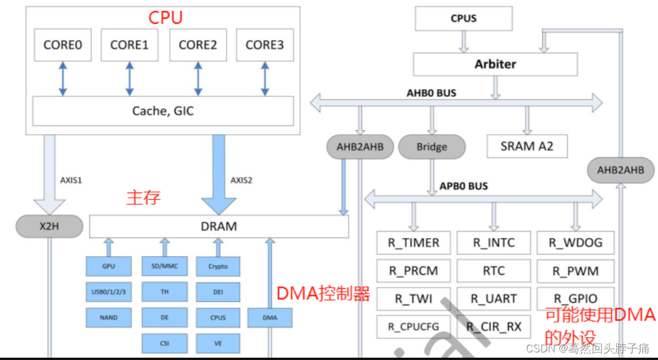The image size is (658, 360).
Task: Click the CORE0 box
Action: [x=62, y=45]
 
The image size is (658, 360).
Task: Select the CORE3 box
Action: [x=264, y=45]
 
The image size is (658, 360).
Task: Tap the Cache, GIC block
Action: [x=163, y=111]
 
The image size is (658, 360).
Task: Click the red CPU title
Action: [x=165, y=18]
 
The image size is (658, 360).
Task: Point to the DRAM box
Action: [x=219, y=226]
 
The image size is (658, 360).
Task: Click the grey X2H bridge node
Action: [x=48, y=226]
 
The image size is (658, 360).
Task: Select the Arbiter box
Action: [x=495, y=64]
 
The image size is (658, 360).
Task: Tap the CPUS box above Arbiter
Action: [x=464, y=19]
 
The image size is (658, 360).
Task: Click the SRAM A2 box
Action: [x=527, y=146]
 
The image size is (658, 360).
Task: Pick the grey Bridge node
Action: [x=431, y=147]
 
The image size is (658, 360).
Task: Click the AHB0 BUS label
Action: [x=431, y=93]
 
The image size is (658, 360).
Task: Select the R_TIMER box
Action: [x=413, y=243]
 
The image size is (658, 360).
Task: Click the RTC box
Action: [x=493, y=271]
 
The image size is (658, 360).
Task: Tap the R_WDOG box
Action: [x=575, y=243]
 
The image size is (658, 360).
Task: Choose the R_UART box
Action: [x=493, y=299]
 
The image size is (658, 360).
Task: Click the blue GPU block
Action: [x=109, y=267]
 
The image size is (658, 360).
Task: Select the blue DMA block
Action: [x=269, y=318]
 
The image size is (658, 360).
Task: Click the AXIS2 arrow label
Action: [x=241, y=180]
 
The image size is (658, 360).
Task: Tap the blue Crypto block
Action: [x=218, y=267]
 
